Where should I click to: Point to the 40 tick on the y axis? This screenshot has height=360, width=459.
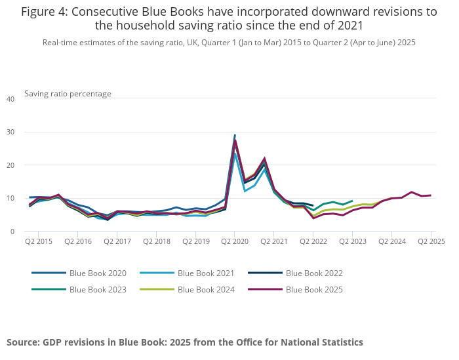pos(10,99)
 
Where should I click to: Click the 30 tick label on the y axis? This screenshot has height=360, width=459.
pos(10,132)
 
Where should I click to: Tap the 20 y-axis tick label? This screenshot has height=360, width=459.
pos(10,165)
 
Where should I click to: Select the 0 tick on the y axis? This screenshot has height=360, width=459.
pos(12,231)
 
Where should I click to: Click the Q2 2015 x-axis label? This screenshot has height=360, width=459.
pos(38,241)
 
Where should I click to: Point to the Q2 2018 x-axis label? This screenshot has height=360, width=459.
pos(156,241)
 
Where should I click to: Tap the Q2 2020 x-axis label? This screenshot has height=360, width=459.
pos(235,241)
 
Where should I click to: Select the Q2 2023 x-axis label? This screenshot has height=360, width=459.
pos(352,241)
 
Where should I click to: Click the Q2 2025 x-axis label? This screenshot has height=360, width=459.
pos(431,241)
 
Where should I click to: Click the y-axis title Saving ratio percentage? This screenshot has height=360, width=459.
pos(68,94)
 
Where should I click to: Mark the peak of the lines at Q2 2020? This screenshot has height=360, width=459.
pos(235,136)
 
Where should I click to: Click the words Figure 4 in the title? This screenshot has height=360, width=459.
pos(45,12)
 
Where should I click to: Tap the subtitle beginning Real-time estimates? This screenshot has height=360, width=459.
pos(229,42)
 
